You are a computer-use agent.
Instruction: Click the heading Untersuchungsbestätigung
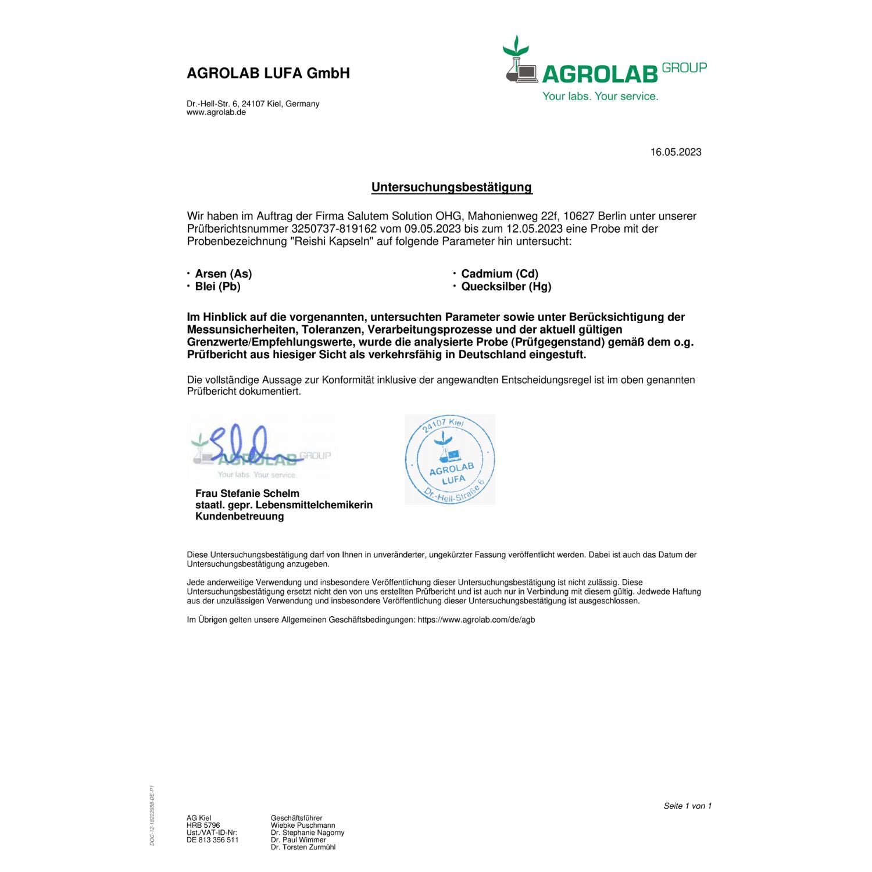pyautogui.click(x=452, y=187)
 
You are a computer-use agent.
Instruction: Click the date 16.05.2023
pyautogui.click(x=676, y=152)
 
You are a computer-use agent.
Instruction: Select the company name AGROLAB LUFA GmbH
pyautogui.click(x=268, y=73)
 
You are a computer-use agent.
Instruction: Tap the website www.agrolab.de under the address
pyautogui.click(x=216, y=113)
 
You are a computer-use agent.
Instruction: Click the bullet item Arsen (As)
pyautogui.click(x=223, y=274)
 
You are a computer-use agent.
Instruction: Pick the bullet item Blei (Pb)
pyautogui.click(x=217, y=287)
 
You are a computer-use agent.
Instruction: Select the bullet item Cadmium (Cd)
pyautogui.click(x=499, y=274)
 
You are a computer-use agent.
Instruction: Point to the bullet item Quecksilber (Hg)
pyautogui.click(x=506, y=287)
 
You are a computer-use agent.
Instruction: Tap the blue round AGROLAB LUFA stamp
pyautogui.click(x=450, y=459)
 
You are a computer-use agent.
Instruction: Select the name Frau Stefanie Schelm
pyautogui.click(x=247, y=494)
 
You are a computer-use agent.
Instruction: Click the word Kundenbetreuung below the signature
pyautogui.click(x=240, y=516)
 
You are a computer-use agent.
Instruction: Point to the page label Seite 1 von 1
pyautogui.click(x=687, y=806)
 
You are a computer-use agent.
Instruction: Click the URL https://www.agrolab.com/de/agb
pyautogui.click(x=476, y=620)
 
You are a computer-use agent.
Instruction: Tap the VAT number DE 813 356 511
pyautogui.click(x=212, y=840)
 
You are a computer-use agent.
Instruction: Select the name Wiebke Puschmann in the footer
pyautogui.click(x=303, y=825)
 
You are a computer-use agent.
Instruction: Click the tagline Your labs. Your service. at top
pyautogui.click(x=600, y=97)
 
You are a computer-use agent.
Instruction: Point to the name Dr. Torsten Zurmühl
pyautogui.click(x=303, y=847)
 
